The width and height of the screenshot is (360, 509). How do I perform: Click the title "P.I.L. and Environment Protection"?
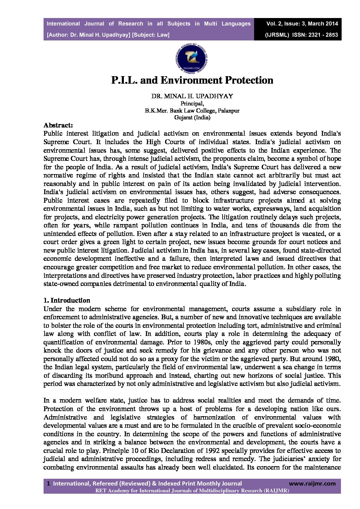click(x=192, y=80)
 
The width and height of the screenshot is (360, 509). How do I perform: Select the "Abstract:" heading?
click(x=58, y=125)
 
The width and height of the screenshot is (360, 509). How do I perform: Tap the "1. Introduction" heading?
click(x=67, y=300)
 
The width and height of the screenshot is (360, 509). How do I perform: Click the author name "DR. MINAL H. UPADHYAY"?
click(x=192, y=96)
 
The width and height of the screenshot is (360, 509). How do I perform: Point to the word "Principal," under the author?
click(x=192, y=103)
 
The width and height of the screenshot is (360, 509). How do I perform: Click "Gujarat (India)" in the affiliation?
click(x=192, y=118)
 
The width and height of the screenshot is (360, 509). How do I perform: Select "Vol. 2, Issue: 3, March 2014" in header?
click(x=302, y=24)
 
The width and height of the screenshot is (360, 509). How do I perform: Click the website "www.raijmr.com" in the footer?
click(x=312, y=483)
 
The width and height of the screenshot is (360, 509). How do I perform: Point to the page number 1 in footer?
click(x=48, y=483)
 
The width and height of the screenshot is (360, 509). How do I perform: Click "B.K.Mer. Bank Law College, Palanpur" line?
click(x=192, y=111)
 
